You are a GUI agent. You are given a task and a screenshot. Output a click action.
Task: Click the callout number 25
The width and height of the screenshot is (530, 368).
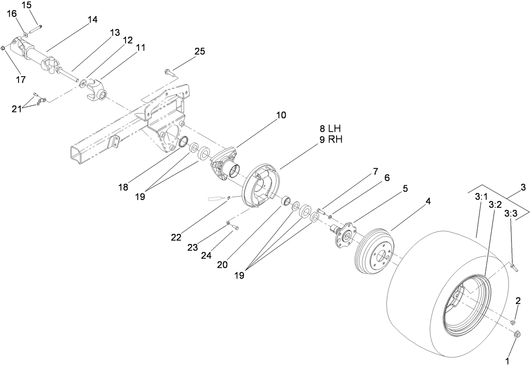pos(200,51)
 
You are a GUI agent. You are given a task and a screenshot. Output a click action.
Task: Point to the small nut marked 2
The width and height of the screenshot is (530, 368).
pos(513,323)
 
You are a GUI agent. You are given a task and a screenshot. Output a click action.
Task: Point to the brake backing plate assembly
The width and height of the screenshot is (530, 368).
pos(259,187)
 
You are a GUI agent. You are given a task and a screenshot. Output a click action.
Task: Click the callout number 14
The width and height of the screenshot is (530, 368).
pos(92,20)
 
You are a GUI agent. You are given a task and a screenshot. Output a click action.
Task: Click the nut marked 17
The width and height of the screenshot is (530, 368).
pos(3,49)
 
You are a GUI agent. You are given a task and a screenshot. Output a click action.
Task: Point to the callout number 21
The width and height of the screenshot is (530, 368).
pos(17,109)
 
